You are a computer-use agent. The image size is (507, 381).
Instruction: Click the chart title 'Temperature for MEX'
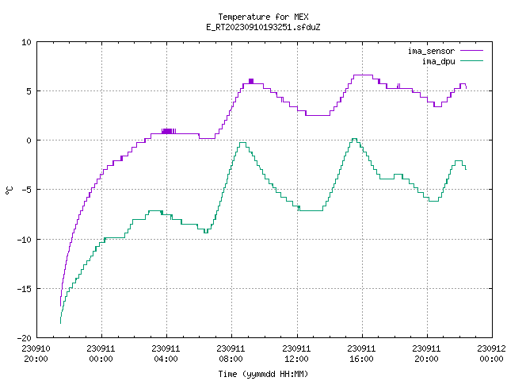click(263, 17)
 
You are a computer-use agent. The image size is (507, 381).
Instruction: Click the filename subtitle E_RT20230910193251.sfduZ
click(263, 27)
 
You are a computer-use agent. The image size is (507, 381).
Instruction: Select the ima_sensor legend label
click(431, 51)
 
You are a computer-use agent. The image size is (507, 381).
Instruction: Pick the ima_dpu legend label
click(438, 61)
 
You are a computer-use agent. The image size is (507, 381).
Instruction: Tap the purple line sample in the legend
click(471, 51)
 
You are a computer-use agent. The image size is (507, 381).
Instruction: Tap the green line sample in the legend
click(471, 61)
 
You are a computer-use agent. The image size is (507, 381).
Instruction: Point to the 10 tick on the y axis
click(26, 42)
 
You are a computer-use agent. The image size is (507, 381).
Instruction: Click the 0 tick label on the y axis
click(29, 140)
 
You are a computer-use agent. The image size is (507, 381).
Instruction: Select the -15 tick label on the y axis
click(25, 289)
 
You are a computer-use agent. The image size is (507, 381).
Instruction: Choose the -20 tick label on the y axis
click(25, 338)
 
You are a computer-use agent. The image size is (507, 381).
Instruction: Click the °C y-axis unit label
click(9, 190)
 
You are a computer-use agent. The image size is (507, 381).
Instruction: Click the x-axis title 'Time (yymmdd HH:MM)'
click(263, 374)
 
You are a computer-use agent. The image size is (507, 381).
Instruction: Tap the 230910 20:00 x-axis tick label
click(36, 354)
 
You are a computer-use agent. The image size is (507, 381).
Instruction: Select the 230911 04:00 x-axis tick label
click(166, 354)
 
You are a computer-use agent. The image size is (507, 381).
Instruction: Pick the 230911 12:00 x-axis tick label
click(296, 354)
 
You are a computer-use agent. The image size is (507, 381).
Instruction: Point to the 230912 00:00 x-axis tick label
click(491, 354)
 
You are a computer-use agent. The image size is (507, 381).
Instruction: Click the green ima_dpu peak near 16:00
click(354, 139)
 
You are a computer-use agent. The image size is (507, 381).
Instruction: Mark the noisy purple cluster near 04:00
click(169, 131)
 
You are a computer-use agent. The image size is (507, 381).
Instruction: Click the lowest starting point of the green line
click(60, 323)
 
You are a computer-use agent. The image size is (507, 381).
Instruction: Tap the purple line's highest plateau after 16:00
click(363, 75)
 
